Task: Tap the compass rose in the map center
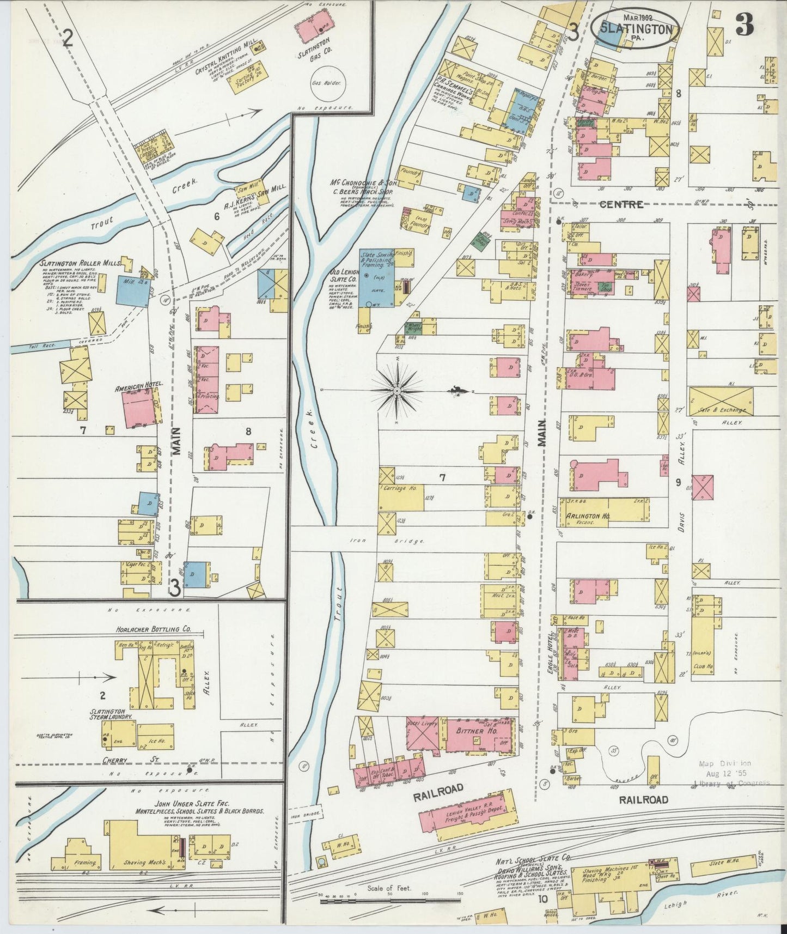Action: click(x=398, y=391)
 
